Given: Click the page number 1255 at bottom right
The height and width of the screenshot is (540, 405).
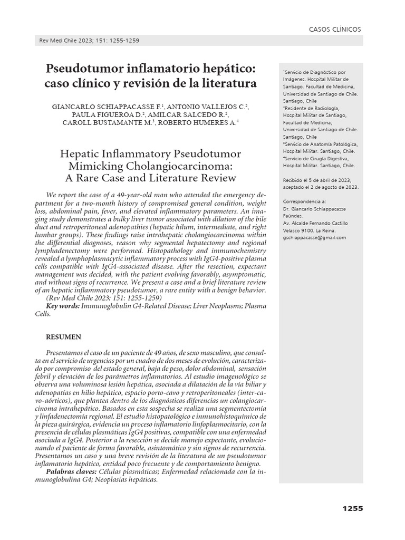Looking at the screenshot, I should click(352, 508).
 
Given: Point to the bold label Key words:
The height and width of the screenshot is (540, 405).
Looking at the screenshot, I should click(63, 306).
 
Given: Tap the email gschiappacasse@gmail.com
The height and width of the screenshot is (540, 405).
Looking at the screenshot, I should click(314, 237).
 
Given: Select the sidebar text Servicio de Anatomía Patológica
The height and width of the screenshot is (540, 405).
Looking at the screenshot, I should click(322, 143).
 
